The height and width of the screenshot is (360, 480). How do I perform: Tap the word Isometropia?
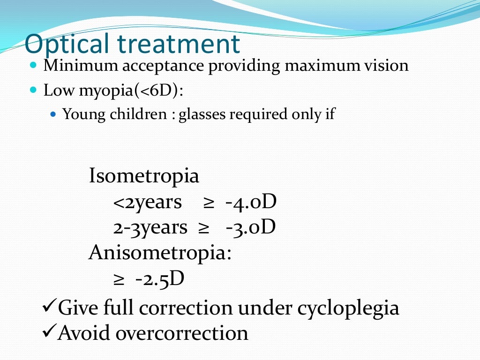(x=144, y=177)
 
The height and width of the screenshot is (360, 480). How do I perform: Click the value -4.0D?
(x=251, y=202)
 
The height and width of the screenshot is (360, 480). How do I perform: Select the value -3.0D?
(x=250, y=227)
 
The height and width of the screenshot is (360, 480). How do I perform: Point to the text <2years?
(x=147, y=202)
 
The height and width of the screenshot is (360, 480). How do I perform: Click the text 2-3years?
(x=150, y=227)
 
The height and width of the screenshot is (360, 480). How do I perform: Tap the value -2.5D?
(x=160, y=278)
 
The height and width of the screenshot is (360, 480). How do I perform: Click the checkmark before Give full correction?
(x=49, y=307)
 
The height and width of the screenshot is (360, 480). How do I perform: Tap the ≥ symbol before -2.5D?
(x=119, y=279)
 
